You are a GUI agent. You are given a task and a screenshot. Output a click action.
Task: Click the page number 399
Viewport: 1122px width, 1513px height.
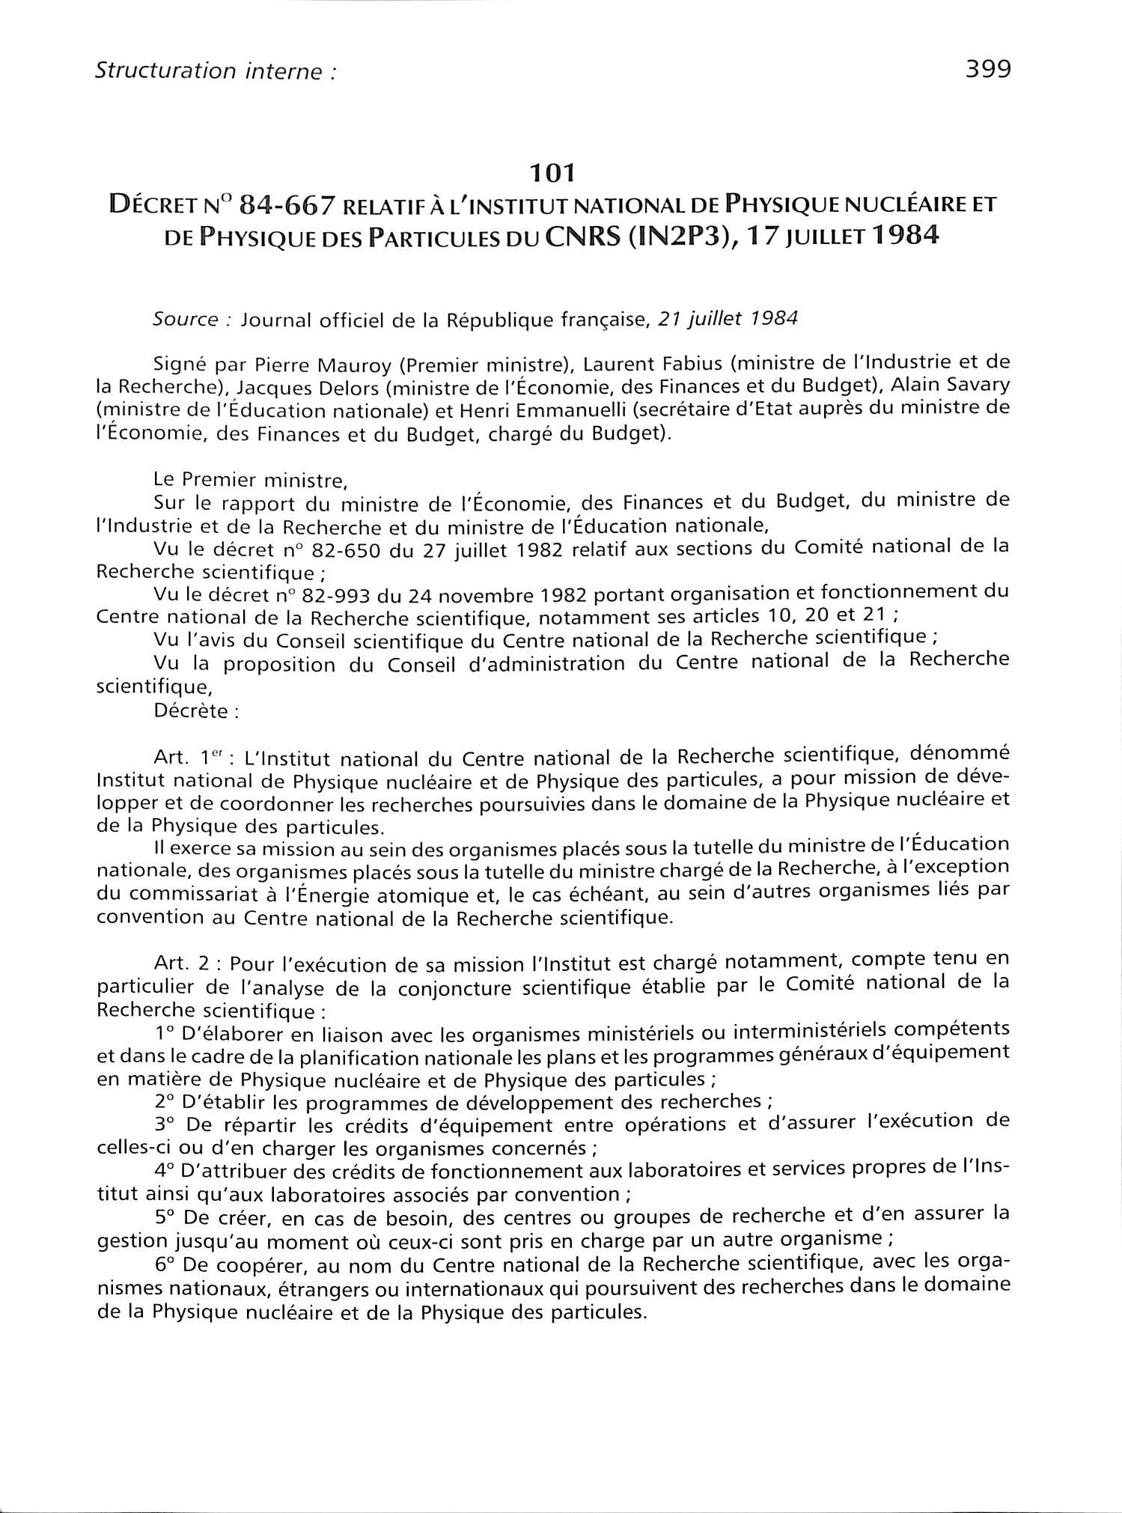(988, 70)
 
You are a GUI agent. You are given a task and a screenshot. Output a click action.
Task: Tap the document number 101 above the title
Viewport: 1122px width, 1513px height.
(552, 174)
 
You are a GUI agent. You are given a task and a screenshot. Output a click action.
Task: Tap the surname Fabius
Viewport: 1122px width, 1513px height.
(691, 364)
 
